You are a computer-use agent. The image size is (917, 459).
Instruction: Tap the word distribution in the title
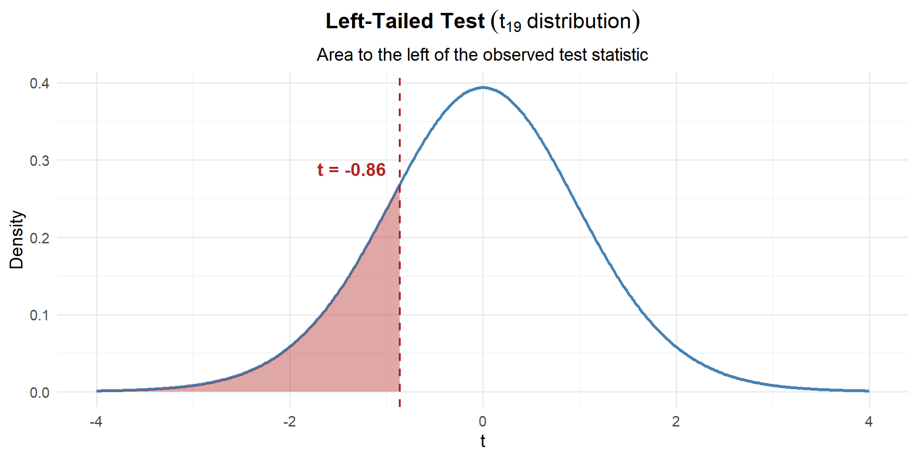pyautogui.click(x=579, y=22)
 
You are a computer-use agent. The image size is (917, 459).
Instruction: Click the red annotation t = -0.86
pyautogui.click(x=351, y=170)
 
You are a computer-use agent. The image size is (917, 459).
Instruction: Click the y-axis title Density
pyautogui.click(x=16, y=240)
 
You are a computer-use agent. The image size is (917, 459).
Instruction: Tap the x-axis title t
pyautogui.click(x=483, y=441)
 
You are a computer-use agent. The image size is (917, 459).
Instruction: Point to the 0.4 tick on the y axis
pyautogui.click(x=40, y=84)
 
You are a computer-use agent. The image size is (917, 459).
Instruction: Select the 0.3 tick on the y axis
pyautogui.click(x=40, y=161)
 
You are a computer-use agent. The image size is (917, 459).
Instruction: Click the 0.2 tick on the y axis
pyautogui.click(x=40, y=238)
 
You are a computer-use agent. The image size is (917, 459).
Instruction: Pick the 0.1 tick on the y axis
pyautogui.click(x=40, y=316)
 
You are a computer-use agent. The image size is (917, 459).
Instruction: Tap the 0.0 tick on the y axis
pyautogui.click(x=40, y=393)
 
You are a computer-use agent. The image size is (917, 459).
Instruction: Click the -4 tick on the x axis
pyautogui.click(x=96, y=422)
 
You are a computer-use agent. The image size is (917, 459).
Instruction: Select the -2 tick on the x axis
pyautogui.click(x=289, y=422)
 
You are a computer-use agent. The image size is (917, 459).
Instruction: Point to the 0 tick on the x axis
pyautogui.click(x=483, y=422)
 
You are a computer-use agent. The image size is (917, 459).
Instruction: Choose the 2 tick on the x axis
pyautogui.click(x=676, y=422)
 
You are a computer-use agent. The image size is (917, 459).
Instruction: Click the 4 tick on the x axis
pyautogui.click(x=869, y=422)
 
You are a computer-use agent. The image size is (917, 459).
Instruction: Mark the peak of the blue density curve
pyautogui.click(x=483, y=87)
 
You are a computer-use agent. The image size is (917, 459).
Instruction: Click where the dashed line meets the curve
pyautogui.click(x=400, y=186)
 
